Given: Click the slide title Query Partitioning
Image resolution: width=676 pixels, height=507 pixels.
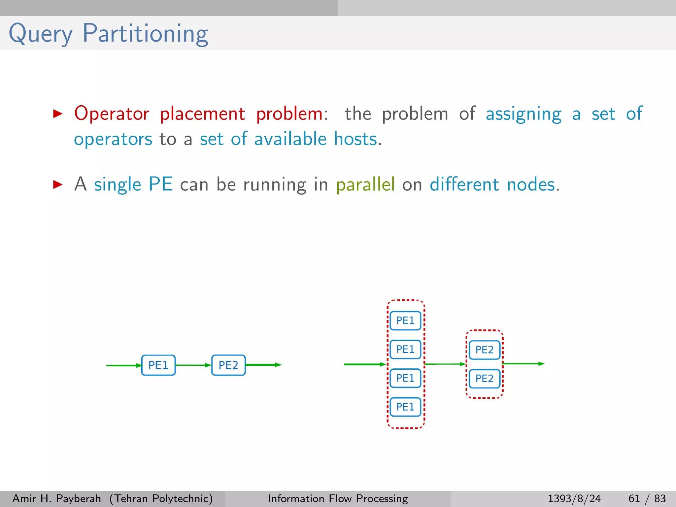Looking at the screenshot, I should coord(108,34).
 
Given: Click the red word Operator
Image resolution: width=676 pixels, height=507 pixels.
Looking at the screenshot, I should coord(112,114).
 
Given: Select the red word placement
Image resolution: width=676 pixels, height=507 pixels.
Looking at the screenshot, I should coord(202,114).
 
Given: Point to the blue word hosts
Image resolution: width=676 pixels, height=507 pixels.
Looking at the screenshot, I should coord(355,139).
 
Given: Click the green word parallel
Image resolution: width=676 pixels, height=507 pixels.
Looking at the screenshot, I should coord(365,184).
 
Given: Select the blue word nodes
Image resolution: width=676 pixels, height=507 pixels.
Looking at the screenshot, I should coord(531,184).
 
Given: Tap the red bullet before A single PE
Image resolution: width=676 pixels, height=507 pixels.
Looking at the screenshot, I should coord(58,185).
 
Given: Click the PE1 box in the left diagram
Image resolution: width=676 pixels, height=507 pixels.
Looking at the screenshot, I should coord(158,365).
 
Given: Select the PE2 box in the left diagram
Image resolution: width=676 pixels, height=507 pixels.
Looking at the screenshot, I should coord(228,365).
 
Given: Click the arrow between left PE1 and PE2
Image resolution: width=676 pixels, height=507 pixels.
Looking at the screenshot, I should coord(193,365).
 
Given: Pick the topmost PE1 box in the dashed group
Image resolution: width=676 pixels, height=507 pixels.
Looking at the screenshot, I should coord(405,321).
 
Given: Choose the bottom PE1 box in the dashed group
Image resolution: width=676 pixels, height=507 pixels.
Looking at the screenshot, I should coord(405,407).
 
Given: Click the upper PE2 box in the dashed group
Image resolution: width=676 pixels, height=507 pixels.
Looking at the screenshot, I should coord(484,350).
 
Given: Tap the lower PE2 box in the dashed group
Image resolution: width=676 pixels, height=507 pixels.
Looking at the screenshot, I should coord(484,379).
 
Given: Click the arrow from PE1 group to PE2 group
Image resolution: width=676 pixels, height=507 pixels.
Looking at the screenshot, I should coord(445,364).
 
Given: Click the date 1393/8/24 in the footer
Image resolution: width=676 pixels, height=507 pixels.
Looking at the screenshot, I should coord(574,498).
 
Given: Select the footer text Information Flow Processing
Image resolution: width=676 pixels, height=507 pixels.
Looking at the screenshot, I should coord(338,498).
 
